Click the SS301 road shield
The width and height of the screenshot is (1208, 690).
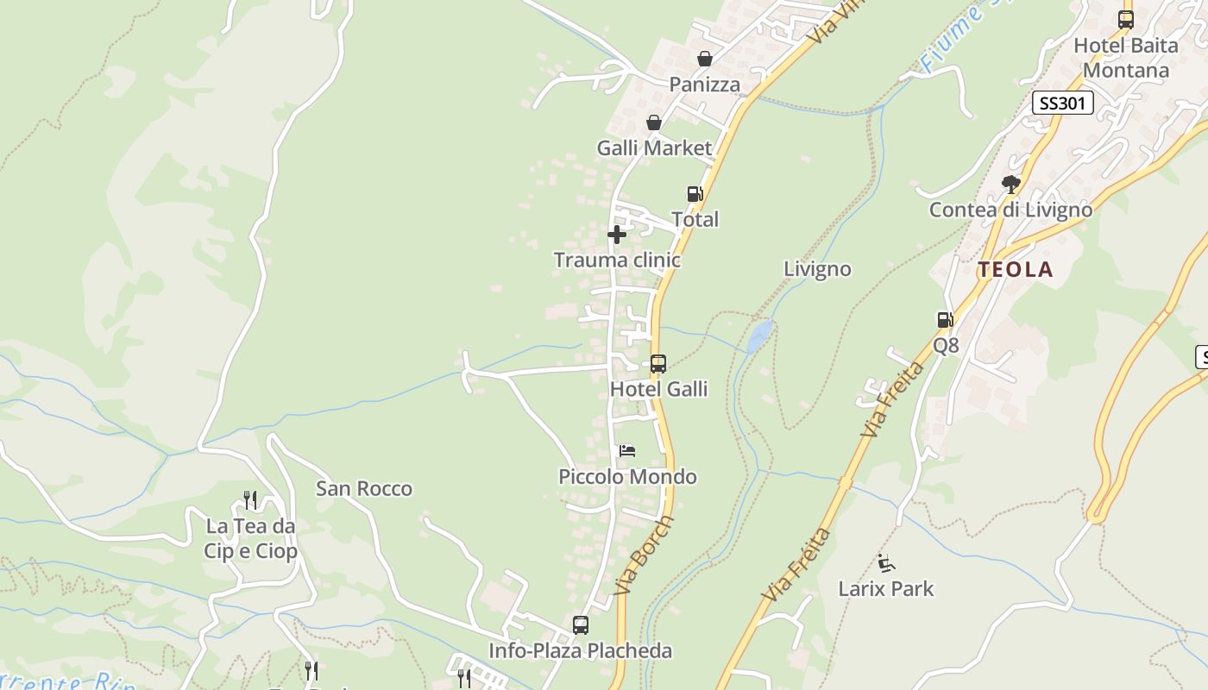1063,103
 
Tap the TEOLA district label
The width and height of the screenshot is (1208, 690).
1016,270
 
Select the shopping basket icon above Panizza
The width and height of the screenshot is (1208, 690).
705,59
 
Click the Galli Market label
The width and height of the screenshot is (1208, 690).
655,148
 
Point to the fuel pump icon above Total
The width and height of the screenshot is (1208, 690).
695,194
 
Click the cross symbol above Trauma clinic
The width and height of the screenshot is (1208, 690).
617,234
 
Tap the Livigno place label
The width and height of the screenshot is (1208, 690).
817,269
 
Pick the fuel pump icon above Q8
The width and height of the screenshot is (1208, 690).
946,320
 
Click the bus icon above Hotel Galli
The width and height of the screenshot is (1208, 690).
658,364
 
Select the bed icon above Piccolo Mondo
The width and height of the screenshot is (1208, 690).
627,451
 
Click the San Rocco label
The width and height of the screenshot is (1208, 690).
364,489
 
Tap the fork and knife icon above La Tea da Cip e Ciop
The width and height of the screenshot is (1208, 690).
250,499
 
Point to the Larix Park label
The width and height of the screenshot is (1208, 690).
886,589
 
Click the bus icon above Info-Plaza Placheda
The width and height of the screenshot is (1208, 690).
581,624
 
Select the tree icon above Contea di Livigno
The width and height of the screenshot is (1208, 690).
1010,184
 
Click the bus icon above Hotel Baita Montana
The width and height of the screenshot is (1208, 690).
1126,19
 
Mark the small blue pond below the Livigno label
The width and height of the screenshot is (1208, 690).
759,336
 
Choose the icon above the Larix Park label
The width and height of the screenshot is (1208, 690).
885,563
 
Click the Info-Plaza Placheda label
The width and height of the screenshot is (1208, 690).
580,650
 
